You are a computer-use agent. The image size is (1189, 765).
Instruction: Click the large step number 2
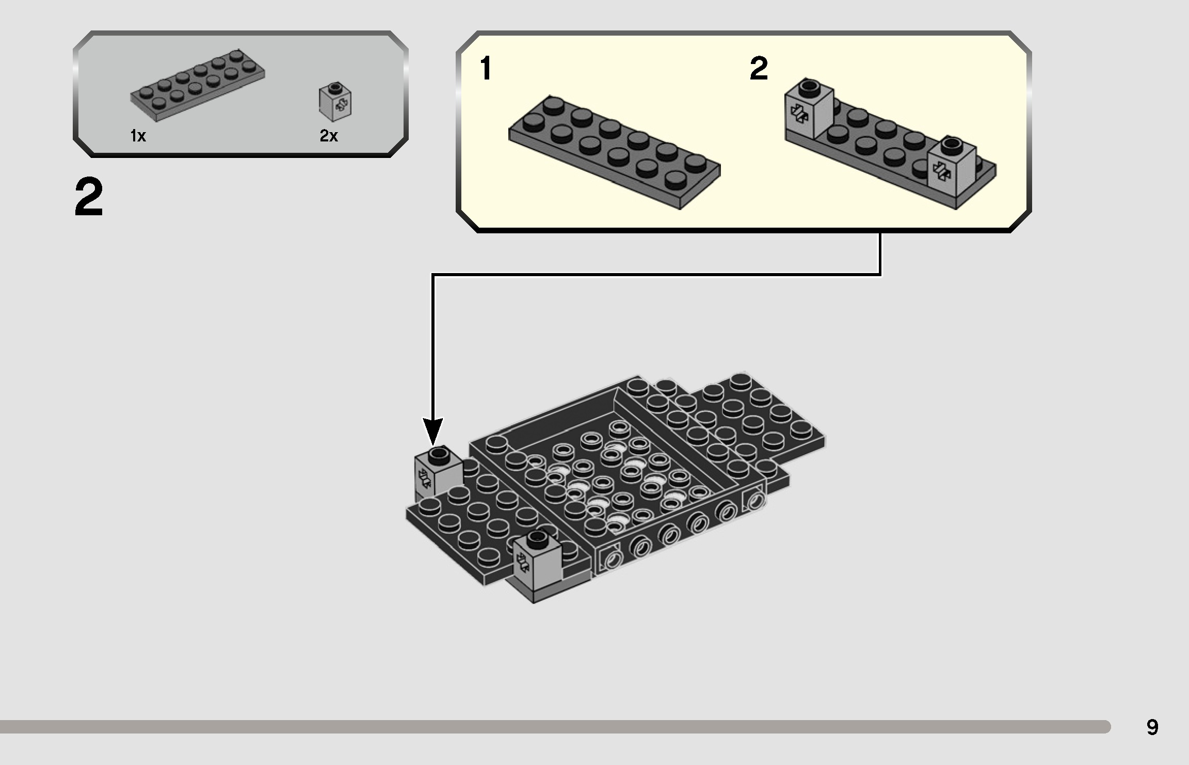pos(89,198)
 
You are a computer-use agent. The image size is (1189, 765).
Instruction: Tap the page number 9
pos(1152,727)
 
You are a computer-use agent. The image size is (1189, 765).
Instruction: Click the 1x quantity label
pos(138,136)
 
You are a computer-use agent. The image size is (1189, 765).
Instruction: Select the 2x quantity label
pos(329,136)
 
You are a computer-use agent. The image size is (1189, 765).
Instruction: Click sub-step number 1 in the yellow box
pos(485,69)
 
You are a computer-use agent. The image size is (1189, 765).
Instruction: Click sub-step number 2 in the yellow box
pos(758,69)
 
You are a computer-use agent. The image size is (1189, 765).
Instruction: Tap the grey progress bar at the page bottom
pos(552,727)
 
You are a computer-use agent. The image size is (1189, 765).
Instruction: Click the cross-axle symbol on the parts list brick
pos(342,105)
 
